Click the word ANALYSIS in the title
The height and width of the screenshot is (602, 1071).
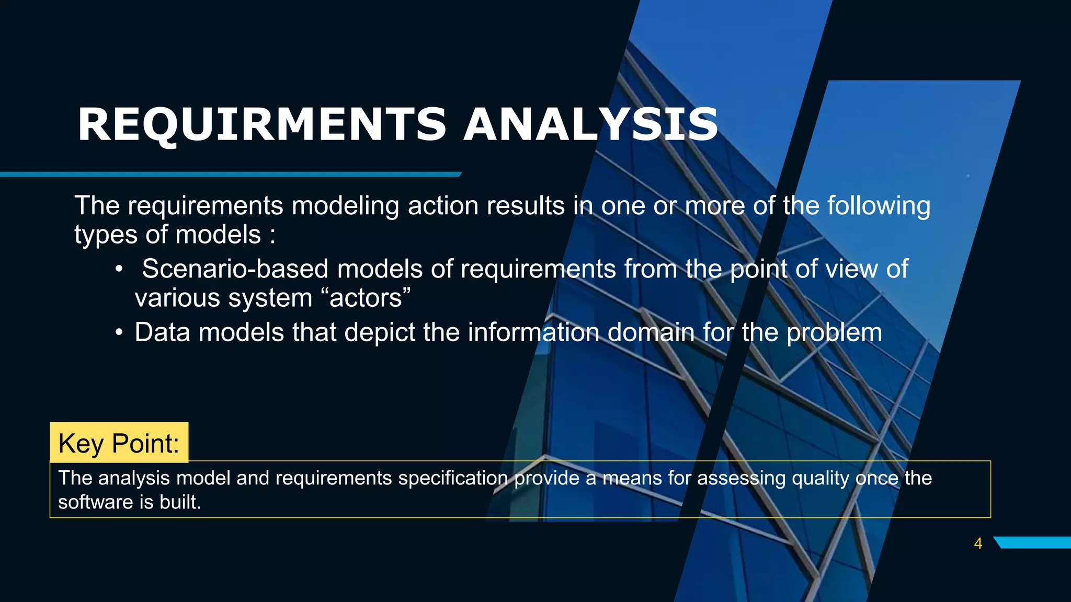591,124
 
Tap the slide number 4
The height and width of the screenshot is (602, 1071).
978,543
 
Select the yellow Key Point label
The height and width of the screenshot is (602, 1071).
119,443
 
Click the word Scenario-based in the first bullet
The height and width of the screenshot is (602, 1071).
235,269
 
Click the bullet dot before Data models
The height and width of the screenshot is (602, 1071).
119,332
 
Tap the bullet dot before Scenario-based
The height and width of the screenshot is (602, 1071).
119,269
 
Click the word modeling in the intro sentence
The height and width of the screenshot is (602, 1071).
346,206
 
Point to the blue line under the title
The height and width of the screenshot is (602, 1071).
230,174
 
